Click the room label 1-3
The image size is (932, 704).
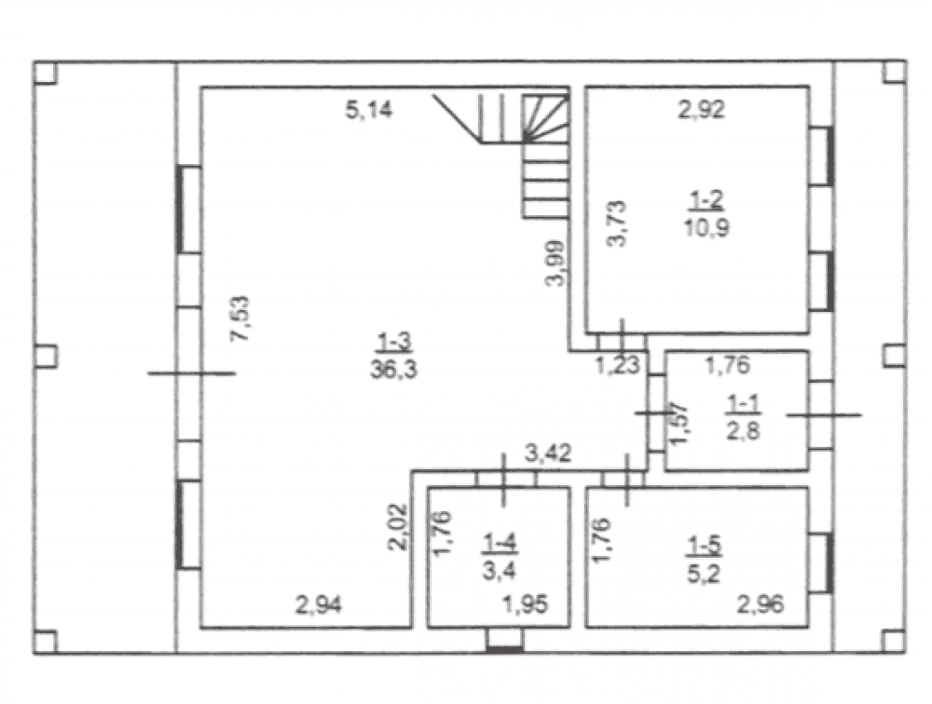coord(394,343)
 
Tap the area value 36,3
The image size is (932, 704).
coord(393,370)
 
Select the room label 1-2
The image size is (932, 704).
coord(706,201)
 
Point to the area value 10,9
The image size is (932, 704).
coord(706,227)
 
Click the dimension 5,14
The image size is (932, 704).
coord(369,110)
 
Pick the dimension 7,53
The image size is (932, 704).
coord(241,318)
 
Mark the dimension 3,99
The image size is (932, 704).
coord(556,264)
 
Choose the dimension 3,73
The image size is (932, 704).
coord(618,223)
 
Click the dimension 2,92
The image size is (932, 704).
coord(702,110)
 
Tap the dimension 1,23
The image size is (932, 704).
coord(618,365)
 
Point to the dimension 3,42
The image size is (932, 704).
coord(548,454)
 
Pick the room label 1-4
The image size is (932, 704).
coord(500,543)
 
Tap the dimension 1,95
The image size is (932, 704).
coord(526,605)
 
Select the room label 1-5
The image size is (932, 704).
coord(705,546)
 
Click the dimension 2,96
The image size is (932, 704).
coord(761,605)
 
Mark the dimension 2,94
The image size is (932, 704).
coord(319,605)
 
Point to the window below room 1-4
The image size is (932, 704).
coord(504,641)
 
